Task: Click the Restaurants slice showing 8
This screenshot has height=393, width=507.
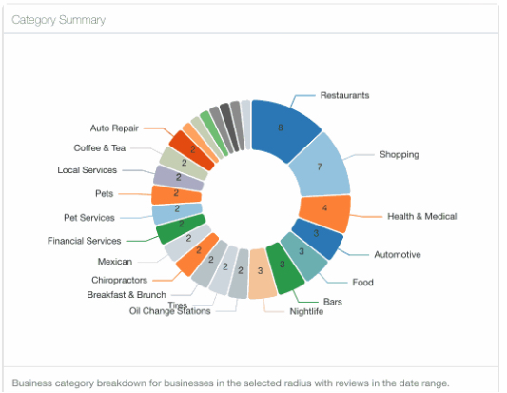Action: (282, 129)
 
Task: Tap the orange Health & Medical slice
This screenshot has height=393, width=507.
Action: (325, 212)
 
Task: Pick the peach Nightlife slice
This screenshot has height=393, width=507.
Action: (262, 273)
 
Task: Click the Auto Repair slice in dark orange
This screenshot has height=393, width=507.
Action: (191, 149)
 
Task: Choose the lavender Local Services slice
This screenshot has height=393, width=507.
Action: (178, 178)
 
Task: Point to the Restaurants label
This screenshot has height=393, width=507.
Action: (344, 95)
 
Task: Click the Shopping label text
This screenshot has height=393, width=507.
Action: (400, 154)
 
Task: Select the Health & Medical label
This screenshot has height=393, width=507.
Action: (422, 216)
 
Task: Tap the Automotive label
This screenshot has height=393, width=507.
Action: (398, 255)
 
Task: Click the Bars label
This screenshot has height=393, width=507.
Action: (333, 302)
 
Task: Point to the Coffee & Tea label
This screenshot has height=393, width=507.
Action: (100, 148)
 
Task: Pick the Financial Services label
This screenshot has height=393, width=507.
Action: (84, 241)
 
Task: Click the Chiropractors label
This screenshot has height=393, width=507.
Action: (119, 280)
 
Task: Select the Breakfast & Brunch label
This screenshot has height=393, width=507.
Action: (127, 295)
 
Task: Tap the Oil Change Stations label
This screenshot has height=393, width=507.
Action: (169, 311)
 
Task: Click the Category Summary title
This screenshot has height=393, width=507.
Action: (59, 20)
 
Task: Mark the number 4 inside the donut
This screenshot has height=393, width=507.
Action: (324, 207)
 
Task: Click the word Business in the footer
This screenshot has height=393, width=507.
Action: (32, 383)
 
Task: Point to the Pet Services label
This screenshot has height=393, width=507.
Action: (89, 218)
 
